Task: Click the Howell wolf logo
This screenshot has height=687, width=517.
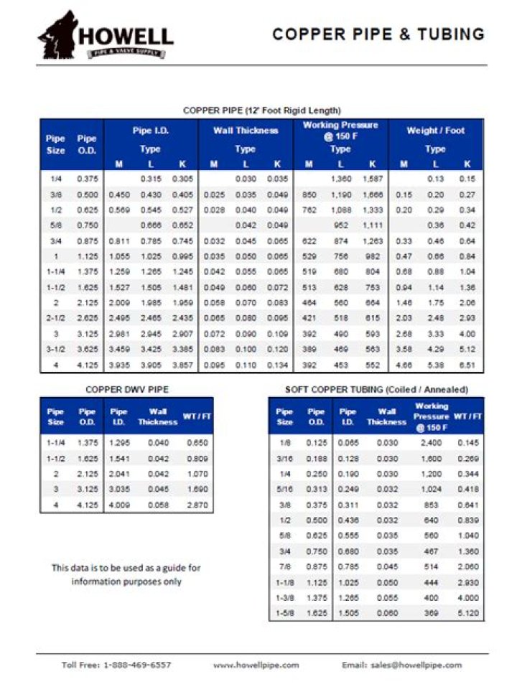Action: [x=58, y=33]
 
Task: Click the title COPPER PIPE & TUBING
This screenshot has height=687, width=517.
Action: [x=378, y=34]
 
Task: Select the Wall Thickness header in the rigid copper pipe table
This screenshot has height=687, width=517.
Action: [x=246, y=131]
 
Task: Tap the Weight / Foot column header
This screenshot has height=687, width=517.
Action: [x=435, y=131]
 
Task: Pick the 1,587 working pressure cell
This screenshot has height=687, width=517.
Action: [x=372, y=178]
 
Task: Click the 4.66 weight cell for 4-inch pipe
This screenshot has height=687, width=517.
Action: [x=404, y=365]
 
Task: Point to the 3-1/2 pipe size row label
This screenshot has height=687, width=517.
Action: [x=55, y=350]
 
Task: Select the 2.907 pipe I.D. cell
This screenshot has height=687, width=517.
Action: [x=182, y=334]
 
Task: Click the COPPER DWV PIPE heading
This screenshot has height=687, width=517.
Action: [x=127, y=390]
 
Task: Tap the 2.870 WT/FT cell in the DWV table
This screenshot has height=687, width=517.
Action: [x=196, y=505]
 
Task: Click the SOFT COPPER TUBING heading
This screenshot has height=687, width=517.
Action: [x=376, y=389]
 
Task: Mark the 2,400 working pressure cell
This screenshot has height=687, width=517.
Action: [x=431, y=443]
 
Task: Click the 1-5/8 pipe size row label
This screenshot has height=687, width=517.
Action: [x=285, y=613]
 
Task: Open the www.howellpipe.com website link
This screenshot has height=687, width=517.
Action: [x=256, y=665]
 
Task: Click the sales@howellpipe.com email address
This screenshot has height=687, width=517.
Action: [x=417, y=665]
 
